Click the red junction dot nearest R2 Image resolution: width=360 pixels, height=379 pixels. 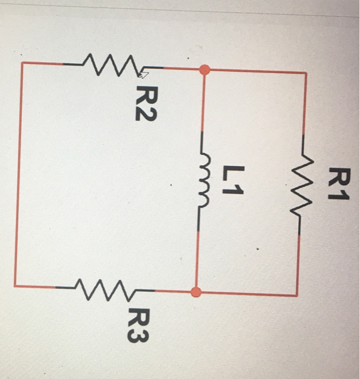coord(204,69)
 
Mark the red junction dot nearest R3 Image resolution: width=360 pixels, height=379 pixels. coord(197,292)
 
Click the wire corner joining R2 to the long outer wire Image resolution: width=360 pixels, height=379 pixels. coord(22,63)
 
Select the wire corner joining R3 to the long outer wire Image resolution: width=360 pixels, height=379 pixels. coord(15,285)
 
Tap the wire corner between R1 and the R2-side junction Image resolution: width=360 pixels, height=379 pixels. coord(306,73)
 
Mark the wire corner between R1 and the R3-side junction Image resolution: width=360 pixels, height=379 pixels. coord(297,295)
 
